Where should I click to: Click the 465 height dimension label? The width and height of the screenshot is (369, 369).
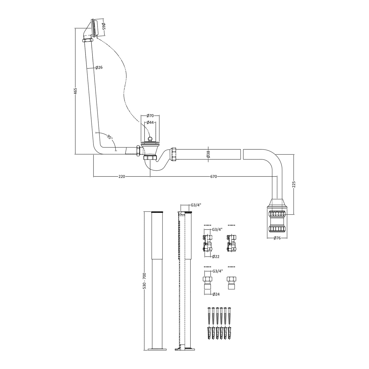coord(75,91)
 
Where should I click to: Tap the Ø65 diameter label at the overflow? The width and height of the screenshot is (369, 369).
coord(103,26)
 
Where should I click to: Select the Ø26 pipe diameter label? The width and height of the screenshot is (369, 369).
coord(99,67)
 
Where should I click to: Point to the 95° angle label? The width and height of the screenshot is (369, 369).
coord(110,137)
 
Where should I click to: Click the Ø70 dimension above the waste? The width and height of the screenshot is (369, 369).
coord(150,116)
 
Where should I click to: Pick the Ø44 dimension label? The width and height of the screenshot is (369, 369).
coord(150,123)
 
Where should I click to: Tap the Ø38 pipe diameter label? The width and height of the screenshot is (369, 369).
coord(209,154)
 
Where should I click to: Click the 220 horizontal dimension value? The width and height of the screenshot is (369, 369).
coord(122,176)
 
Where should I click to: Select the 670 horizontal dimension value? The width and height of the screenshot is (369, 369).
coord(213,176)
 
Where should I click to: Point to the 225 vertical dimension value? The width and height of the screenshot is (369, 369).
coord(294,184)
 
